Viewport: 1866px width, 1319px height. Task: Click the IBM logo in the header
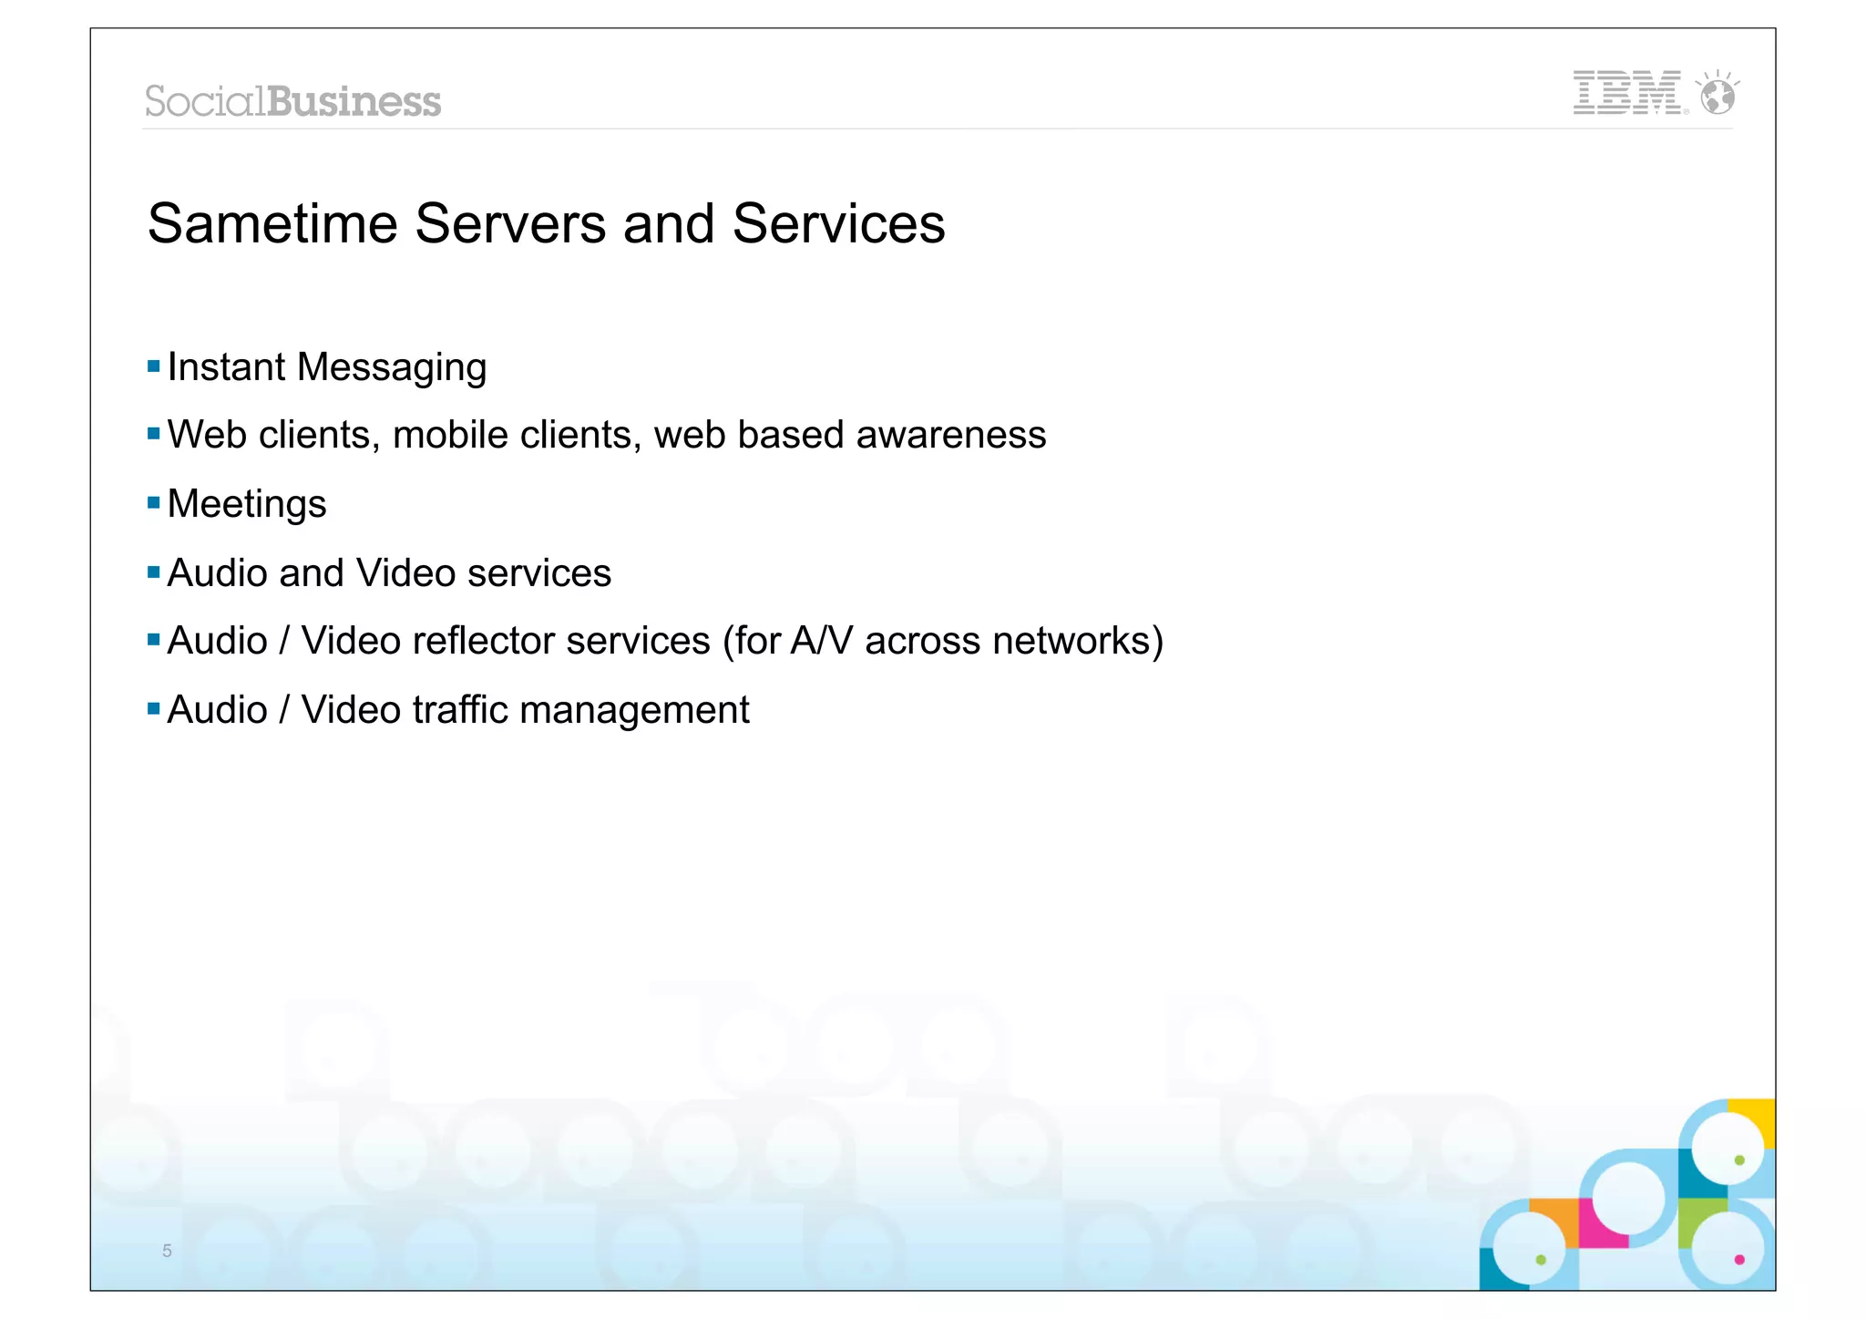1627,93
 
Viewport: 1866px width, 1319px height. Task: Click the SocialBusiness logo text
292,101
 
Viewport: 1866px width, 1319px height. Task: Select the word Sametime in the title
272,224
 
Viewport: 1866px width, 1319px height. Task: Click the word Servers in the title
510,224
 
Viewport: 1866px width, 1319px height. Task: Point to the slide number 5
167,1251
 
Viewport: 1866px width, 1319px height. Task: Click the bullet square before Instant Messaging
153,366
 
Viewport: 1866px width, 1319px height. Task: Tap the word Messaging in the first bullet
392,368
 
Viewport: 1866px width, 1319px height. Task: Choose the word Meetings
247,504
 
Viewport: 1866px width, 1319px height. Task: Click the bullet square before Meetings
153,503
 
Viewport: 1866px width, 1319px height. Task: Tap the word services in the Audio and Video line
538,573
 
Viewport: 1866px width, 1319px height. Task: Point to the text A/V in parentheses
822,641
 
